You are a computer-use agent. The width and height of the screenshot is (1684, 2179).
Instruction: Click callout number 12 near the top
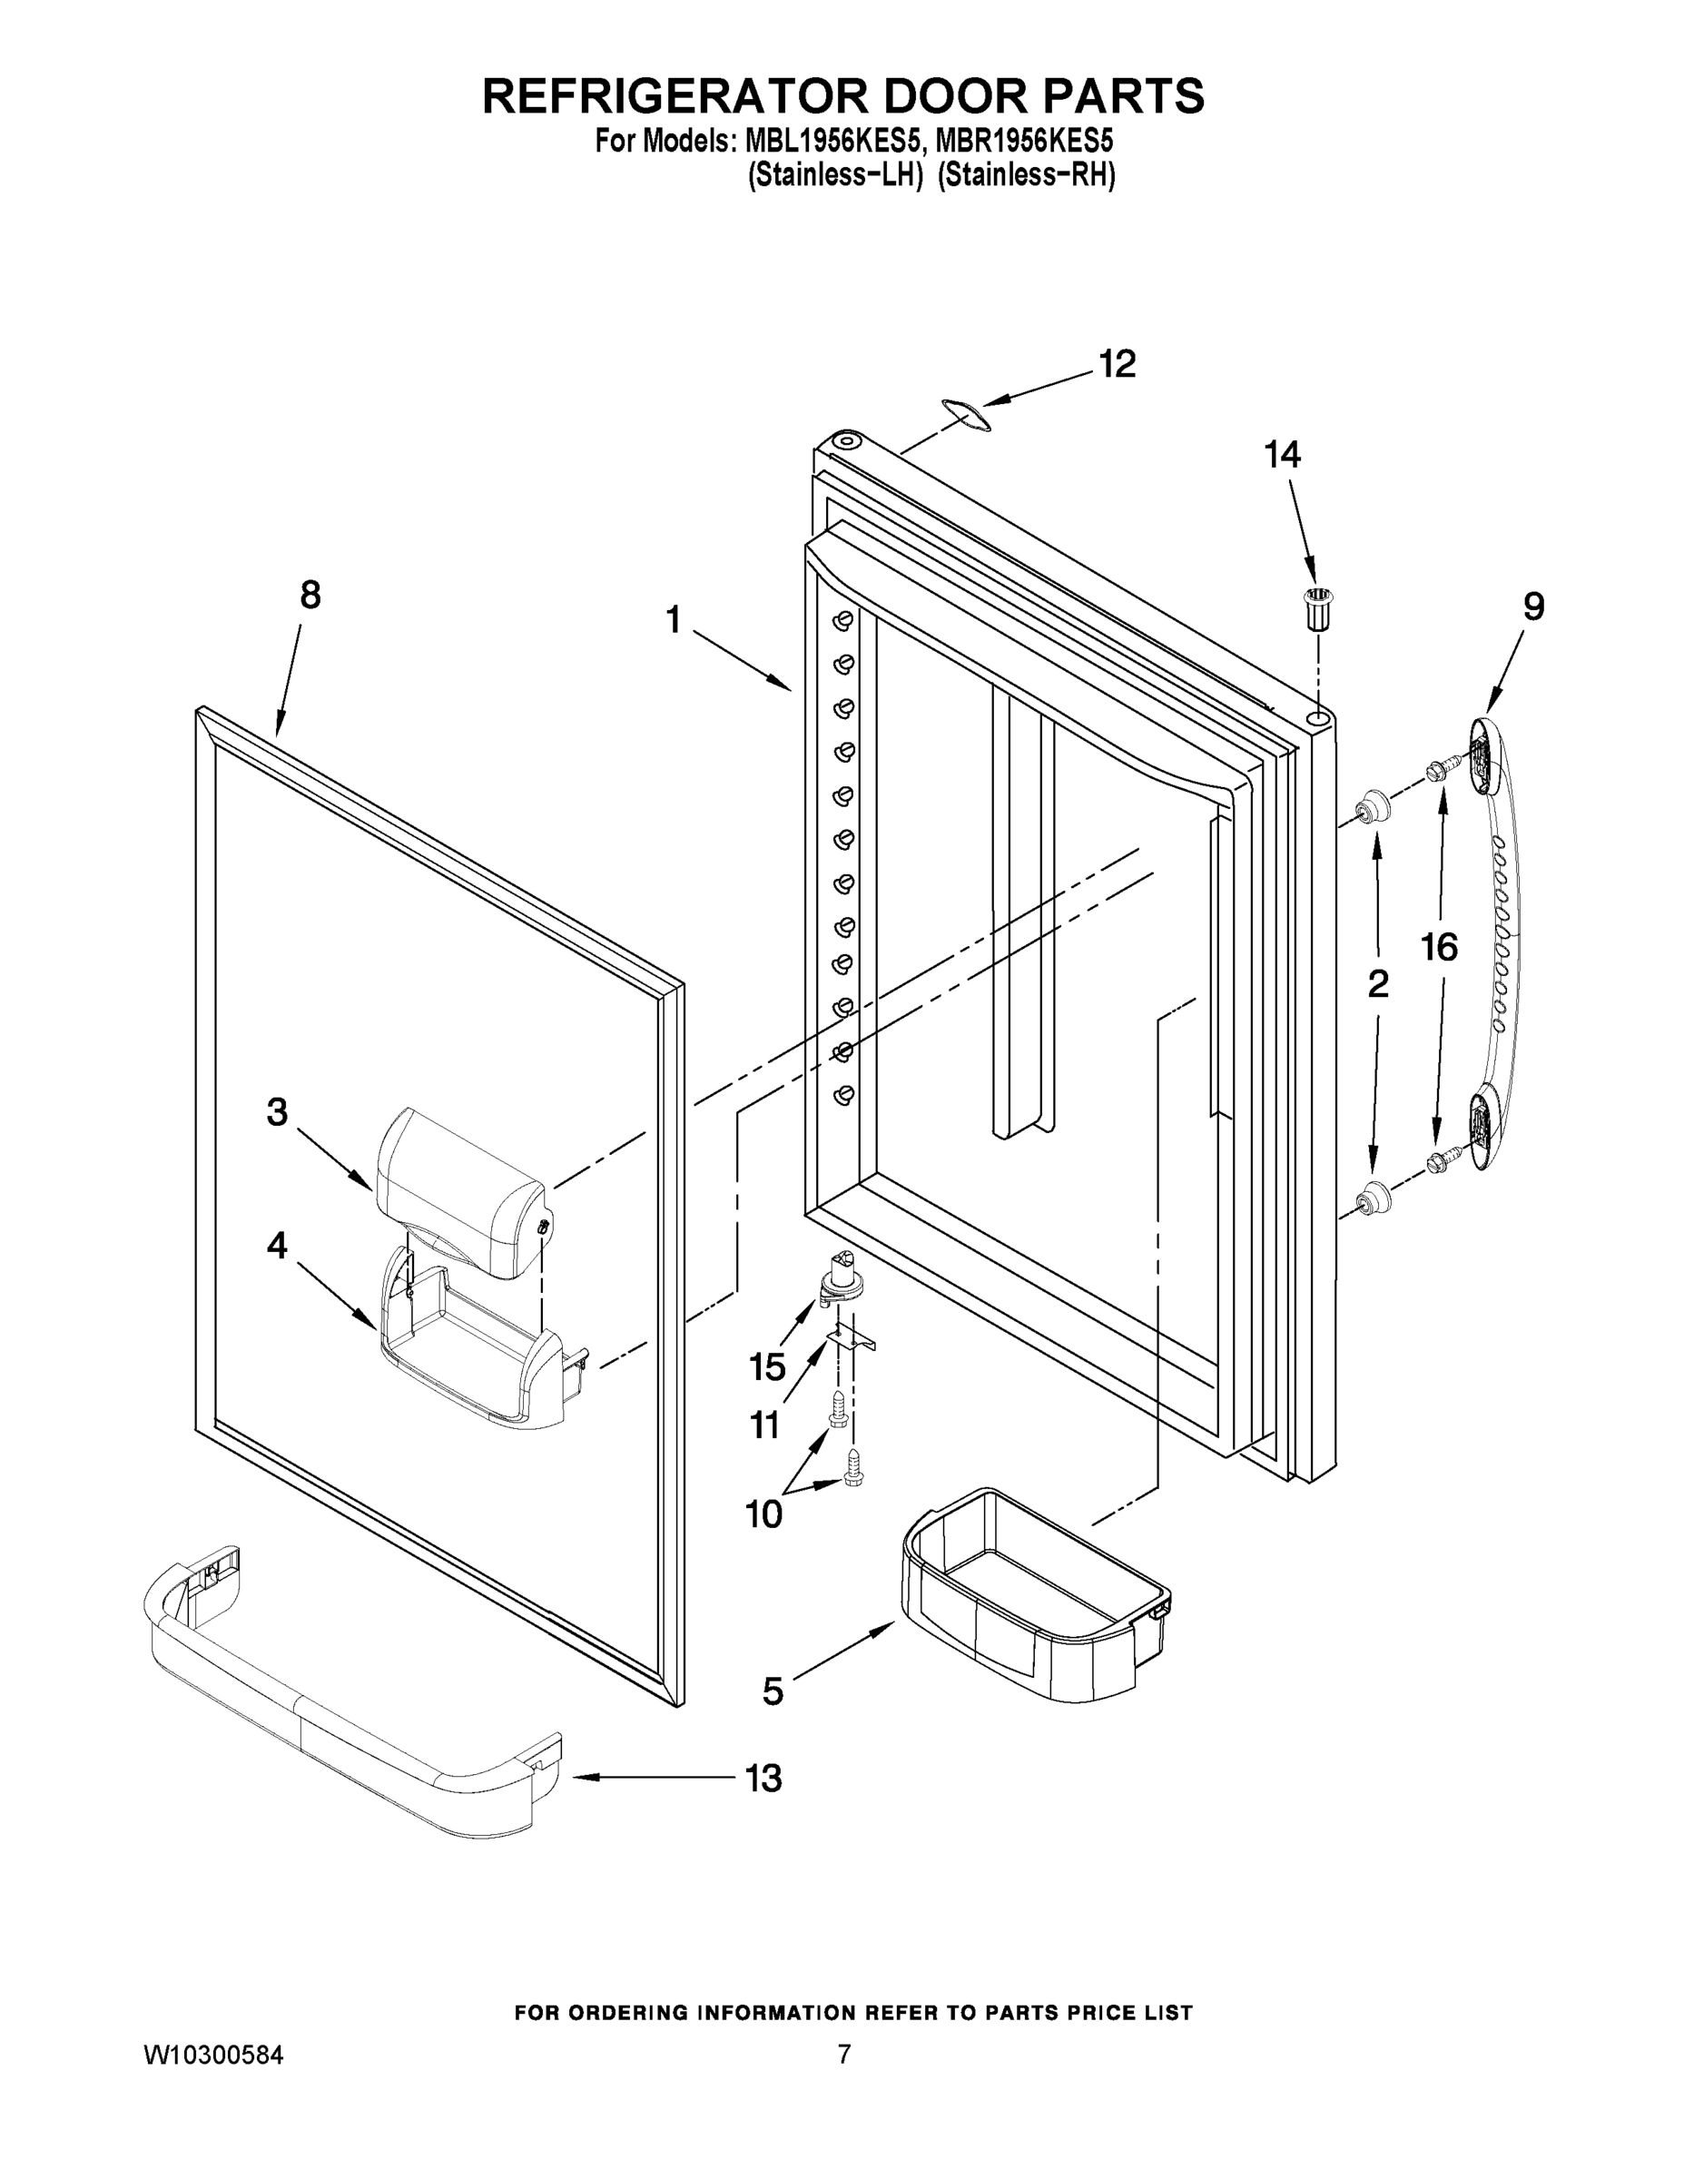click(x=1118, y=364)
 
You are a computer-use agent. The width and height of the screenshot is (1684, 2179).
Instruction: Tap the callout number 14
click(x=1282, y=455)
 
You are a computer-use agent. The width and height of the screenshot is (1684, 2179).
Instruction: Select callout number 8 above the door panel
click(x=310, y=596)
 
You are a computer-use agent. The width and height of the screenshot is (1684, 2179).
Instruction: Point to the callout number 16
click(x=1439, y=947)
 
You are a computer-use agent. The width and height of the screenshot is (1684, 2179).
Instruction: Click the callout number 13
click(x=764, y=1778)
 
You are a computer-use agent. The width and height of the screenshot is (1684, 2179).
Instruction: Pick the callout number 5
click(x=773, y=1691)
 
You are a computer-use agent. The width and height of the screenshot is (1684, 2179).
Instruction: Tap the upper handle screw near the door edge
click(x=1439, y=768)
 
